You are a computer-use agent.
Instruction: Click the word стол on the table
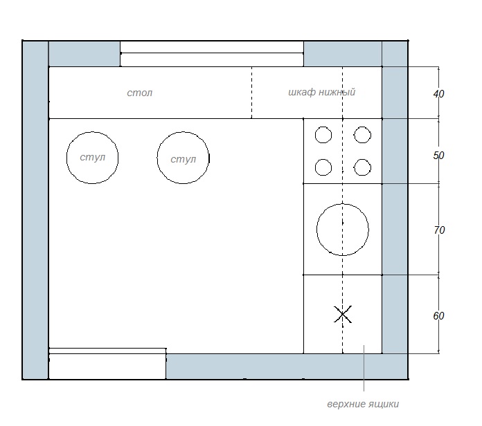140,93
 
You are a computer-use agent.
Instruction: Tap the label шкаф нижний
321,92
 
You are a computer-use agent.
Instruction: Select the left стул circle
66,158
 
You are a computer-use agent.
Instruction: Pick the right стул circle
157,158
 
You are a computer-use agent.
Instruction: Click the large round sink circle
317,230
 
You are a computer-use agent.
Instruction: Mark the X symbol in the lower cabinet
343,314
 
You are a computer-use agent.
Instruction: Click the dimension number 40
438,94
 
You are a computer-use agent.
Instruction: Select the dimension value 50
438,156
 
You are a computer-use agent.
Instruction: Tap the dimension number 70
439,230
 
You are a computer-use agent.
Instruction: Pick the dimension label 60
438,316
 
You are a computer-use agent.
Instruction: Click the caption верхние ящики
363,404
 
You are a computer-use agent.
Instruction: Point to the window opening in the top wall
212,54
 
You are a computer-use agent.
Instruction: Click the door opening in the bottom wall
107,364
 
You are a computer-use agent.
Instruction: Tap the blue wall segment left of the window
84,54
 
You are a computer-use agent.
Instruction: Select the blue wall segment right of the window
343,54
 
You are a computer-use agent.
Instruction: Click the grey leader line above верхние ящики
364,368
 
